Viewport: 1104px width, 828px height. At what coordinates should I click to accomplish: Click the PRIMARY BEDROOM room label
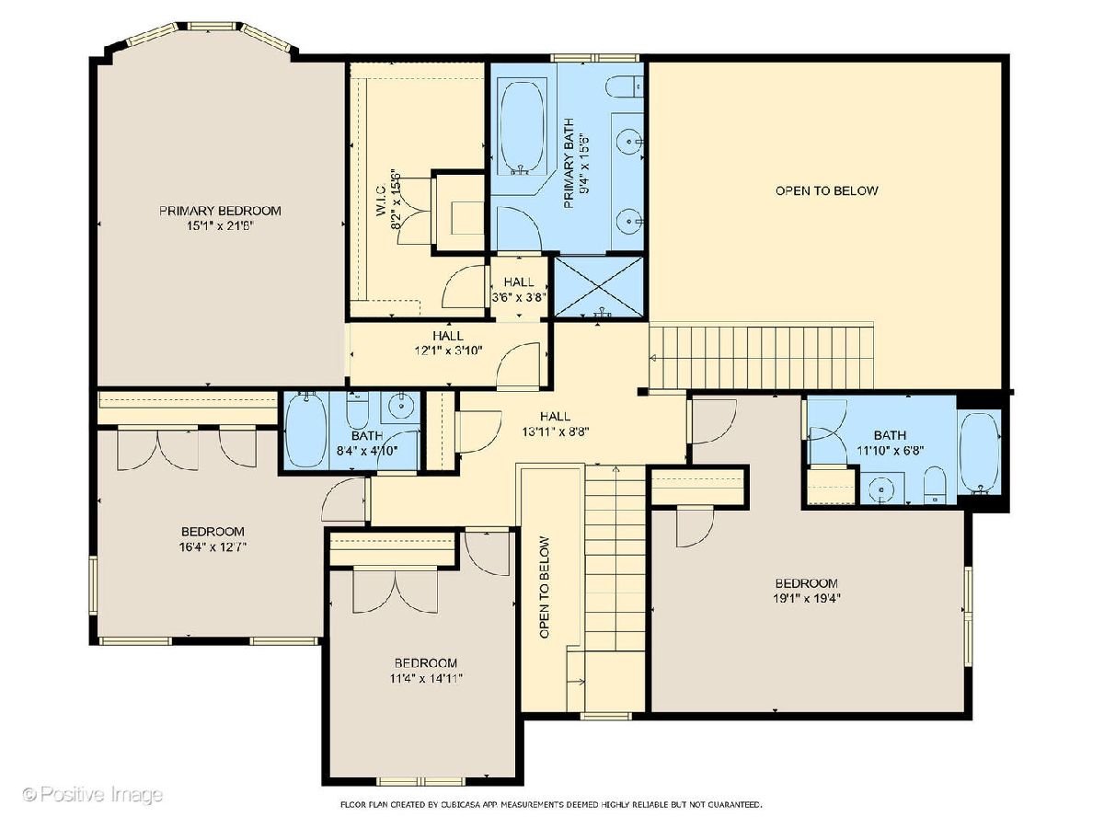(220, 211)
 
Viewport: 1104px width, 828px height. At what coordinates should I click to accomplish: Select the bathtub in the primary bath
(522, 126)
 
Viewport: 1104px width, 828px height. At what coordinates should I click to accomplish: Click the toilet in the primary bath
(624, 86)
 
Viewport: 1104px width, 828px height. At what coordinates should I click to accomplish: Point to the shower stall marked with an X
(599, 286)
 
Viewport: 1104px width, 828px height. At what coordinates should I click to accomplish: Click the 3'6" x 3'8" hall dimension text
(519, 297)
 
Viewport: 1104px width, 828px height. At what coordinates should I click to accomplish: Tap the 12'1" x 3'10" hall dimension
(449, 351)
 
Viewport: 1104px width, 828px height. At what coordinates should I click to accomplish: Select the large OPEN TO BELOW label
(826, 190)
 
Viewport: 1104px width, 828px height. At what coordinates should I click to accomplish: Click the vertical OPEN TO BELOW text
(545, 587)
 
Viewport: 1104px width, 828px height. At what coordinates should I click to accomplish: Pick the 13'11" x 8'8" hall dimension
(556, 431)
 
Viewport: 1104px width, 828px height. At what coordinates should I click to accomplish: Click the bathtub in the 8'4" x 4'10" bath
(305, 430)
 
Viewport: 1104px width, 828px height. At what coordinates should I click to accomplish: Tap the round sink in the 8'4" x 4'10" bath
(401, 405)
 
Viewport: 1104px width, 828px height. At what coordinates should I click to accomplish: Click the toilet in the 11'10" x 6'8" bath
(935, 485)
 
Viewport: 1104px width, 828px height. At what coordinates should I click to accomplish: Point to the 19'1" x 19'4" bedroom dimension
(807, 598)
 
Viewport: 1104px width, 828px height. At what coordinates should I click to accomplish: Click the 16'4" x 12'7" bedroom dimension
(213, 546)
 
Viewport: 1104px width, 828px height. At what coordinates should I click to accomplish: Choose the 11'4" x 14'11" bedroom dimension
(426, 679)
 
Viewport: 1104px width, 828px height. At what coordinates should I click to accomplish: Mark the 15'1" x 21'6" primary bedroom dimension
(220, 226)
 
